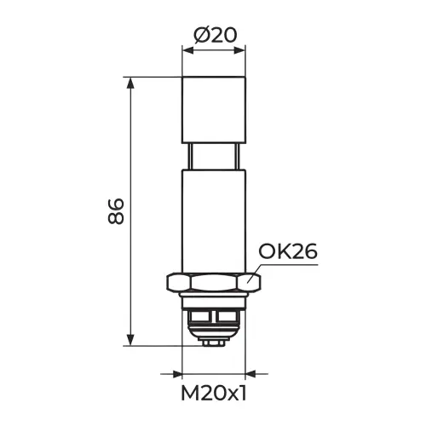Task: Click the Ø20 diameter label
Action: pos(215,36)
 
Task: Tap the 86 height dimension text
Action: pos(116,211)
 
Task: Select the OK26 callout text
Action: pos(288,251)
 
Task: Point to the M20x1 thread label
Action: pos(214,394)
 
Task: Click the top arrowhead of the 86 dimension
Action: pos(130,83)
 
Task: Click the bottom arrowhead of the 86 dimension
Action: pos(130,340)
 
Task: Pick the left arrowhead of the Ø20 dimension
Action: pos(188,50)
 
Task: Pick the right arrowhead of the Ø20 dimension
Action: pos(239,50)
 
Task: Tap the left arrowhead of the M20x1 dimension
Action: pos(176,374)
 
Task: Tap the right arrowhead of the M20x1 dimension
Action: pos(250,374)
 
